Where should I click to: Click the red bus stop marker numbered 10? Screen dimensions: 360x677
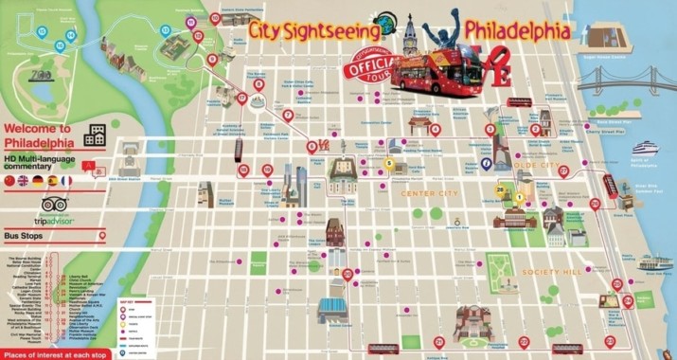(215, 17)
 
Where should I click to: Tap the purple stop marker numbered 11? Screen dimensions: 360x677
(199, 35)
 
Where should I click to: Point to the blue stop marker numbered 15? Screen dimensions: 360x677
(60, 45)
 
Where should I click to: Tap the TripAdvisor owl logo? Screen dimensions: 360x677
(53, 204)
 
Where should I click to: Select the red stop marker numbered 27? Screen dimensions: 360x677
(563, 171)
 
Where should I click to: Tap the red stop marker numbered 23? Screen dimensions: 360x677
(348, 275)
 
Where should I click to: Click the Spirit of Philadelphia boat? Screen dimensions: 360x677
(646, 149)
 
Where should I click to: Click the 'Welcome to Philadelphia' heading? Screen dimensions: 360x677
(38, 135)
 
